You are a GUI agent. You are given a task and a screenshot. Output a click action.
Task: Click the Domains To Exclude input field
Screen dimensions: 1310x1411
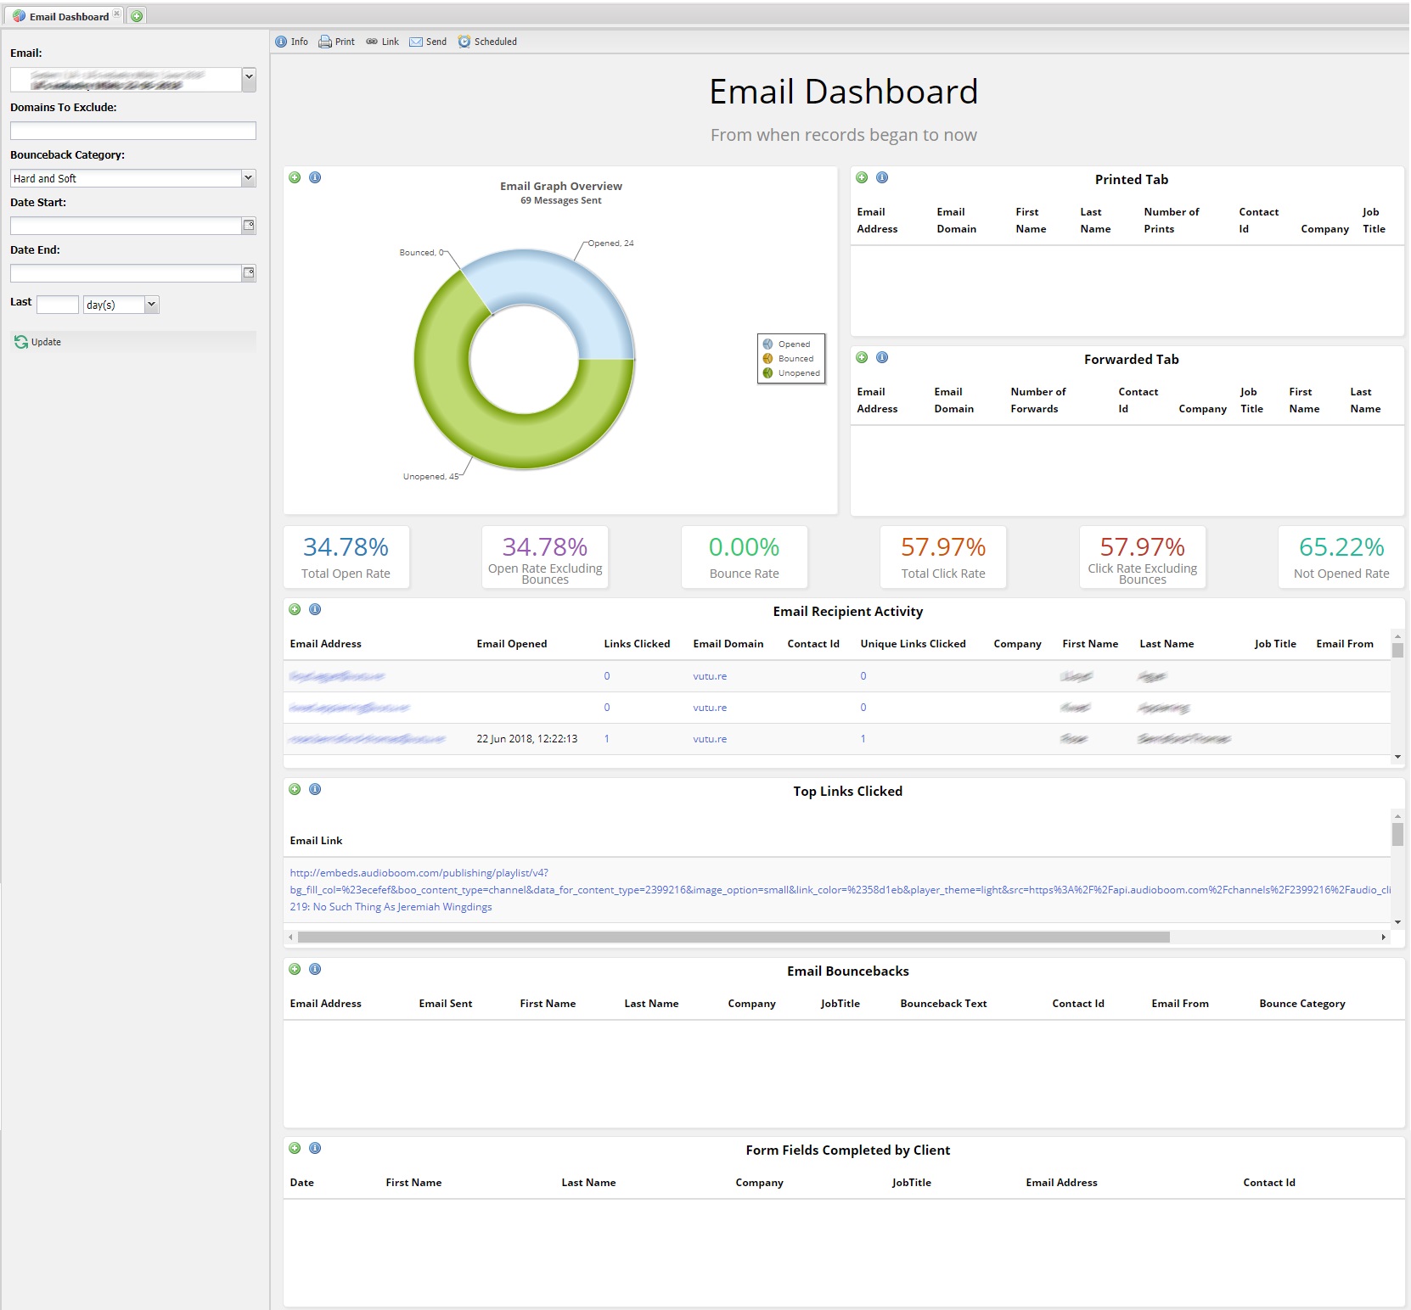132,131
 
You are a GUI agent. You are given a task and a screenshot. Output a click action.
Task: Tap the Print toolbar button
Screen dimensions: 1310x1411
337,42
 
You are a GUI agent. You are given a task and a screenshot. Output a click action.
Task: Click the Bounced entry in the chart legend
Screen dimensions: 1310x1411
795,359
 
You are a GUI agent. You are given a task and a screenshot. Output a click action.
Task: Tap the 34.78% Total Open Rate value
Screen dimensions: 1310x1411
346,547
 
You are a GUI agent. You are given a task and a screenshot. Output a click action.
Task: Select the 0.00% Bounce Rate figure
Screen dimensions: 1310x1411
744,547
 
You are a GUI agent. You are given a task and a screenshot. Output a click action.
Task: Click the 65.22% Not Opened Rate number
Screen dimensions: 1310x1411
1341,547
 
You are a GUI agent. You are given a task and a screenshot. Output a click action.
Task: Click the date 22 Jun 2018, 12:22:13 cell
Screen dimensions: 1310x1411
526,739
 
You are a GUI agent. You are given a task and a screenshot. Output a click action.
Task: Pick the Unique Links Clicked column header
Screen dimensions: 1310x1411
913,644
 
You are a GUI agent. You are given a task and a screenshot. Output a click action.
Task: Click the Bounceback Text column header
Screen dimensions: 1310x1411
943,1004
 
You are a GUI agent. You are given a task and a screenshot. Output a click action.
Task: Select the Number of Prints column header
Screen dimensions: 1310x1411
1171,221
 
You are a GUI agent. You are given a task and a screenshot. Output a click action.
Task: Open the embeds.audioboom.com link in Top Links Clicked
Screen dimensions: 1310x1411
419,873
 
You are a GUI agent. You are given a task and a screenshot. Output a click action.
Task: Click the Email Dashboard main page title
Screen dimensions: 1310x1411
843,92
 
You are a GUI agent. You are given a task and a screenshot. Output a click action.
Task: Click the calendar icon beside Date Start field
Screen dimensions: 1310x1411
249,226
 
